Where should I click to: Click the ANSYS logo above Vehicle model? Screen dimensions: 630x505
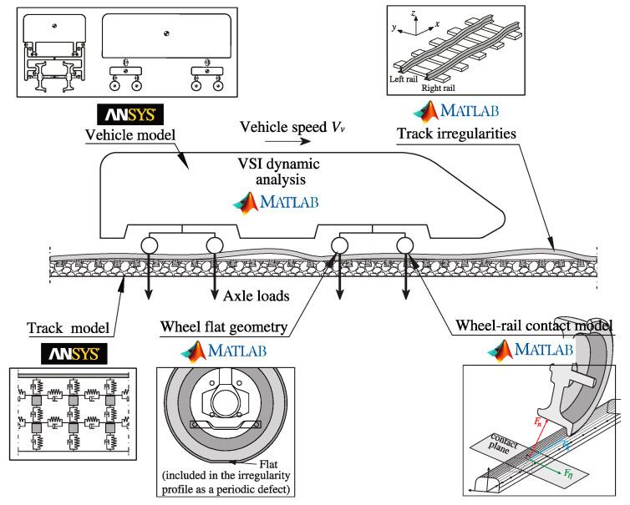(130, 114)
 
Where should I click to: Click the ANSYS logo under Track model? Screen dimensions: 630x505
(74, 354)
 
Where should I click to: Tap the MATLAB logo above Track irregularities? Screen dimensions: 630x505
(456, 111)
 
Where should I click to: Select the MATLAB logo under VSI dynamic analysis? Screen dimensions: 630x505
(276, 202)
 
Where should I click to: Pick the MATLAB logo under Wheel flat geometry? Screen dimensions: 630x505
(224, 351)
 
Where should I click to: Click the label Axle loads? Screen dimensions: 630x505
(257, 296)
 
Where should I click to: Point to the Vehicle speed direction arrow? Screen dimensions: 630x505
(287, 141)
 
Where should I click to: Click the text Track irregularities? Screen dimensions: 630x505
(456, 134)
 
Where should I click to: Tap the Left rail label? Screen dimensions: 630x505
(404, 79)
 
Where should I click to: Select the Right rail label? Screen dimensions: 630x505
(438, 88)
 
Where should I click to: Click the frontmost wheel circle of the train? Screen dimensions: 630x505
(404, 245)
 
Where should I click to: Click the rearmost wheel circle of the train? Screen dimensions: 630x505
(149, 245)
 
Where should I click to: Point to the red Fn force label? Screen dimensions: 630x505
(537, 422)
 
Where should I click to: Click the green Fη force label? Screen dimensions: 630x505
(567, 473)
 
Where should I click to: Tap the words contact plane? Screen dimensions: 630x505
(502, 443)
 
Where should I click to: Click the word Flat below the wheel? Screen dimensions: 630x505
(268, 464)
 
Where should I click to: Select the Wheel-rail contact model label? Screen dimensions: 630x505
(534, 326)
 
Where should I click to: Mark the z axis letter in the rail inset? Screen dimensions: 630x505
(413, 13)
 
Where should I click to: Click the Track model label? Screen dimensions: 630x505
(68, 328)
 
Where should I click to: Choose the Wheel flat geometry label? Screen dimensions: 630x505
(224, 327)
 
